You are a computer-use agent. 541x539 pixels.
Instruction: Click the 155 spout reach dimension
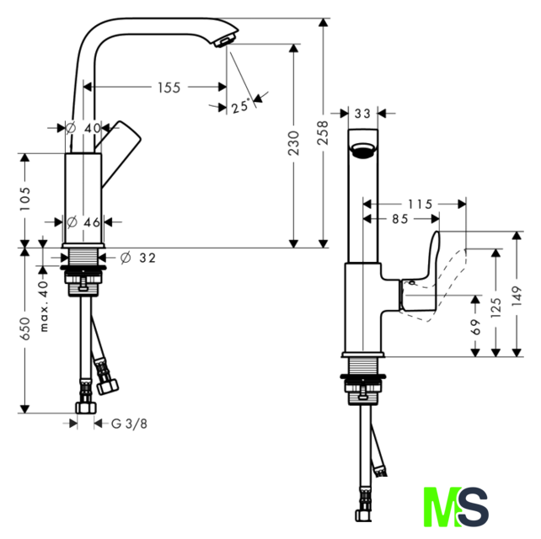pyautogui.click(x=169, y=88)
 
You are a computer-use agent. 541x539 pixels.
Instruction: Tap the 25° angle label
pyautogui.click(x=240, y=106)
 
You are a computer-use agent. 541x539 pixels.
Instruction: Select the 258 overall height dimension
pyautogui.click(x=324, y=133)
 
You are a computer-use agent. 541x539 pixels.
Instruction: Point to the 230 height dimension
pyautogui.click(x=293, y=143)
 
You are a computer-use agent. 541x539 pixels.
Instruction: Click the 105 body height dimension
pyautogui.click(x=24, y=199)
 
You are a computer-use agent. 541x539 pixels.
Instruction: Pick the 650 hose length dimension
pyautogui.click(x=24, y=328)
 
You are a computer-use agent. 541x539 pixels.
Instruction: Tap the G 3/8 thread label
pyautogui.click(x=130, y=424)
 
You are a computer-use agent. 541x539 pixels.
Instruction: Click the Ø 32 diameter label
pyautogui.click(x=138, y=258)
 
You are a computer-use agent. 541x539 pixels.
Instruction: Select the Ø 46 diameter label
pyautogui.click(x=83, y=222)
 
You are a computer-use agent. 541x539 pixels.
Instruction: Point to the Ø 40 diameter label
pyautogui.click(x=83, y=128)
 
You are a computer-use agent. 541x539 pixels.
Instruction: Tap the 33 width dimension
pyautogui.click(x=362, y=113)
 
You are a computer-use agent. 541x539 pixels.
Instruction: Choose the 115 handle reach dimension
pyautogui.click(x=420, y=204)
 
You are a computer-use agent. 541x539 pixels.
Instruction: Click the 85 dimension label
pyautogui.click(x=400, y=219)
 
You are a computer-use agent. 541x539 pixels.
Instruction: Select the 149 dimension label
pyautogui.click(x=517, y=296)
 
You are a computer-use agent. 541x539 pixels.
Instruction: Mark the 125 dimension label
pyautogui.click(x=495, y=307)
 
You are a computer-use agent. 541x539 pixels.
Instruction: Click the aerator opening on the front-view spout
pyautogui.click(x=362, y=151)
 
